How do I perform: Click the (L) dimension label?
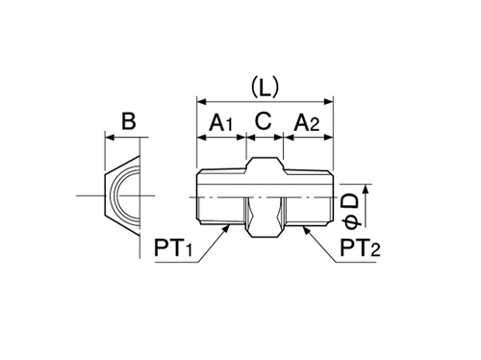pyautogui.click(x=265, y=88)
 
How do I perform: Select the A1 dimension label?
pyautogui.click(x=221, y=123)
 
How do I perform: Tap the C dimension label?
pyautogui.click(x=264, y=121)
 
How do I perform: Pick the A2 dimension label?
pyautogui.click(x=307, y=123)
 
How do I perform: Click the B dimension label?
pyautogui.click(x=129, y=121)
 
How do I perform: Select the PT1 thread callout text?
pyautogui.click(x=173, y=247)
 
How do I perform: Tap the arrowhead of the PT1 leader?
pyautogui.click(x=227, y=228)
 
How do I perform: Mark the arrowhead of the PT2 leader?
pyautogui.click(x=306, y=228)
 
